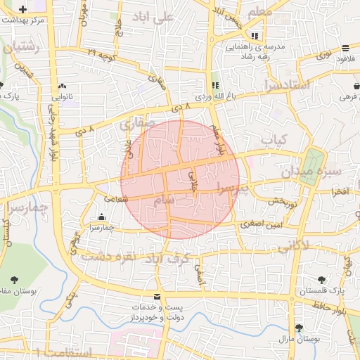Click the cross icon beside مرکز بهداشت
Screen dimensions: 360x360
click(x=24, y=10)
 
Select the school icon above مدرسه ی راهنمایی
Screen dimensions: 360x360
click(x=254, y=35)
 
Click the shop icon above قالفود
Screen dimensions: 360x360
click(x=346, y=48)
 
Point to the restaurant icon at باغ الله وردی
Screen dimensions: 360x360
click(x=214, y=84)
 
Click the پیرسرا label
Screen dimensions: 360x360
click(x=231, y=188)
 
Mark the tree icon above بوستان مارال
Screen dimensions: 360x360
click(x=300, y=328)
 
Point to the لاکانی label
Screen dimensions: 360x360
click(x=292, y=246)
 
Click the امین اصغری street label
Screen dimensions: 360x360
click(x=259, y=224)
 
